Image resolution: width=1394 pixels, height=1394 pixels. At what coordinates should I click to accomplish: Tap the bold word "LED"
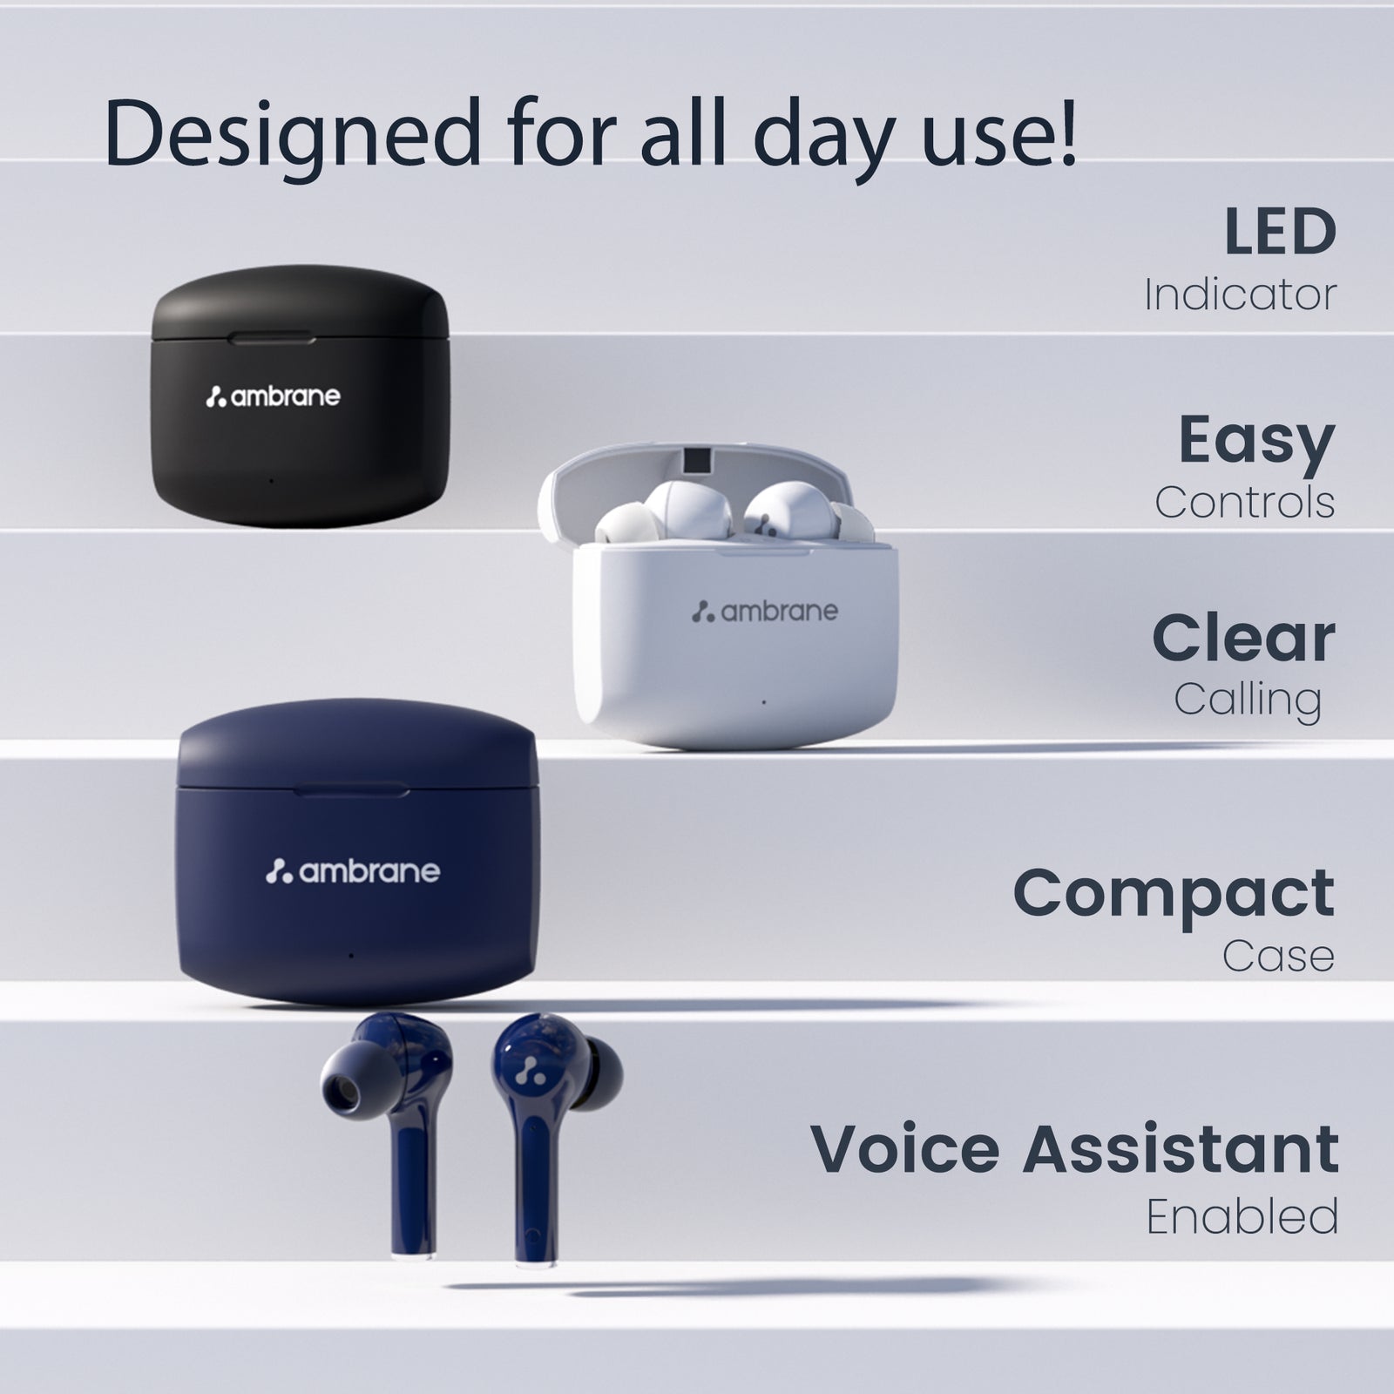1280,232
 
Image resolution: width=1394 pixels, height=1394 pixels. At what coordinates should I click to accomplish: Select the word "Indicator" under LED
1240,294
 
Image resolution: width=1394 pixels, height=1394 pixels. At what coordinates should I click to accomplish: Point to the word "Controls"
1245,502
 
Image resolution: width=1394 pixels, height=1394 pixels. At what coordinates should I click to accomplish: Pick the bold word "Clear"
1243,638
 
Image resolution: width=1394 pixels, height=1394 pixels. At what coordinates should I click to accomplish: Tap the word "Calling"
1248,700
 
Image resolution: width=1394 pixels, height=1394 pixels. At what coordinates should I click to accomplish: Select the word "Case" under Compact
1278,956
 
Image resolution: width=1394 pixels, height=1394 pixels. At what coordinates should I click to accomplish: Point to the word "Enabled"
1242,1216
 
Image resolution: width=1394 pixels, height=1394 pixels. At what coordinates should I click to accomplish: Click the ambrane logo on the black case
273,397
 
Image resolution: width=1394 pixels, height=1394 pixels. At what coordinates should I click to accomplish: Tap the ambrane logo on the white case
764,612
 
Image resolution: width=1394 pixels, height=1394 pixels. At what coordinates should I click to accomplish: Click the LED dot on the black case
271,480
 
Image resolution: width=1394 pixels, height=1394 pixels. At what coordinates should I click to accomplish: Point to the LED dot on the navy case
350,956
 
